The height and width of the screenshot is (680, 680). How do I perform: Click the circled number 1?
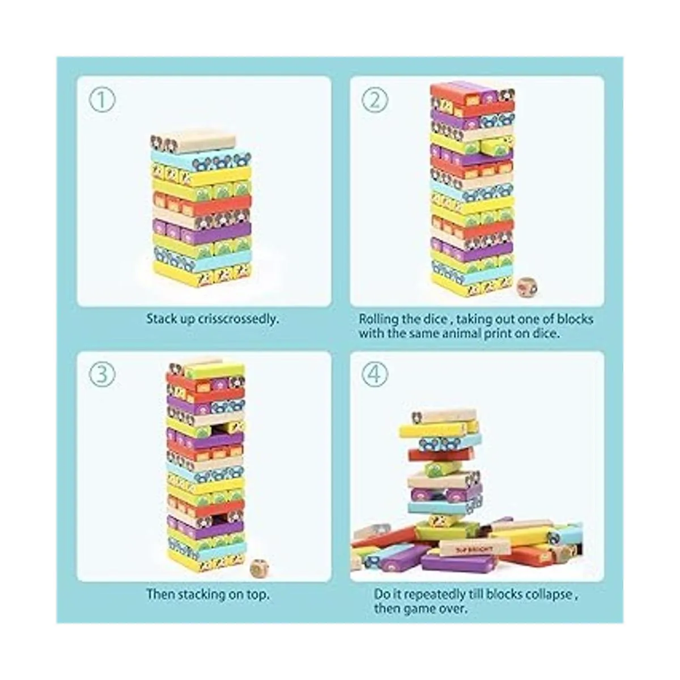[x=101, y=100]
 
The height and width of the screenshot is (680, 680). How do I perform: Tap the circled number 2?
[x=375, y=100]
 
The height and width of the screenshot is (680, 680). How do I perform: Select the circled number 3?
[x=101, y=375]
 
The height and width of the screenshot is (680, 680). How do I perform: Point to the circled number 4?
[x=375, y=375]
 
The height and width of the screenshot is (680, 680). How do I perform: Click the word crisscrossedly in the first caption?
[x=238, y=319]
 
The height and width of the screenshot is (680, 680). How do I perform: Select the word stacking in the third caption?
[x=201, y=594]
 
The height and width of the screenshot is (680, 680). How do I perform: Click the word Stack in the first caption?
[x=158, y=319]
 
